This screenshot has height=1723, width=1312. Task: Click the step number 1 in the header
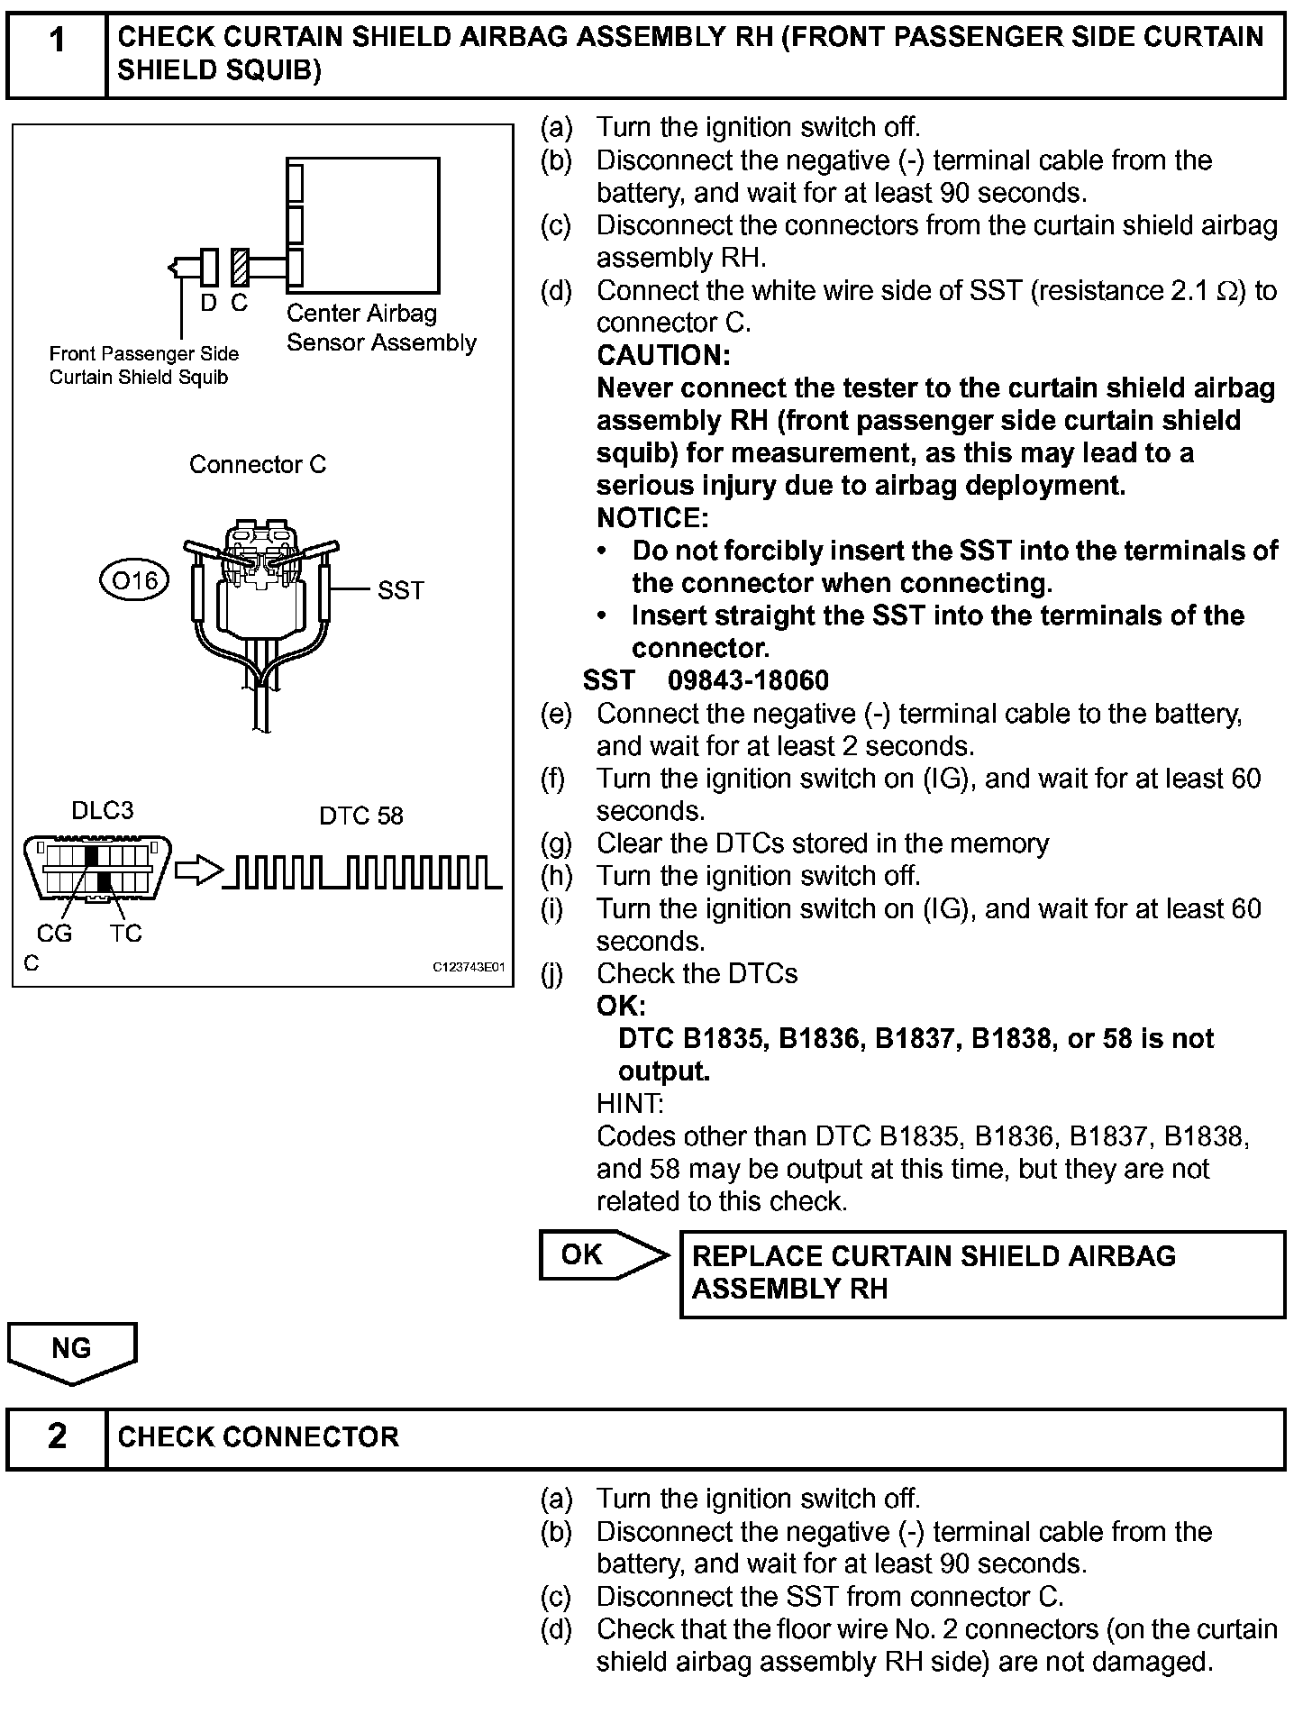[56, 41]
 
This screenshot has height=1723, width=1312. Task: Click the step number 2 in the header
[56, 1436]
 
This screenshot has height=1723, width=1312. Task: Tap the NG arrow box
[72, 1349]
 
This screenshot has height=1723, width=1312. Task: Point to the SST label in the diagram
[400, 590]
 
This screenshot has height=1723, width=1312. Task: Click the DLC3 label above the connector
[102, 811]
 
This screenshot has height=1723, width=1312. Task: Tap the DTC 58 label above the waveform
[360, 816]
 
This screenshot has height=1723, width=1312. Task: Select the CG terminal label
[54, 934]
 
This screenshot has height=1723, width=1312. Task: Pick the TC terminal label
[125, 934]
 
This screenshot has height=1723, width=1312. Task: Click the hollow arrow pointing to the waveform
[197, 871]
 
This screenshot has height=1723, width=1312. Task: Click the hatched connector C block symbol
[240, 267]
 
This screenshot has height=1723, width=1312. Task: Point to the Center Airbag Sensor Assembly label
[380, 328]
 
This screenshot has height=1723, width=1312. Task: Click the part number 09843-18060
[748, 680]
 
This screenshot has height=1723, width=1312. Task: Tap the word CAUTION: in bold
[663, 356]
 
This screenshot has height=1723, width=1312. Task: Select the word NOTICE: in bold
[652, 518]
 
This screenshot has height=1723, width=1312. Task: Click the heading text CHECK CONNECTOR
[258, 1436]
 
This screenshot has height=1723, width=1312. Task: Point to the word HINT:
[629, 1104]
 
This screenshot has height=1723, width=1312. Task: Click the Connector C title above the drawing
[258, 465]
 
